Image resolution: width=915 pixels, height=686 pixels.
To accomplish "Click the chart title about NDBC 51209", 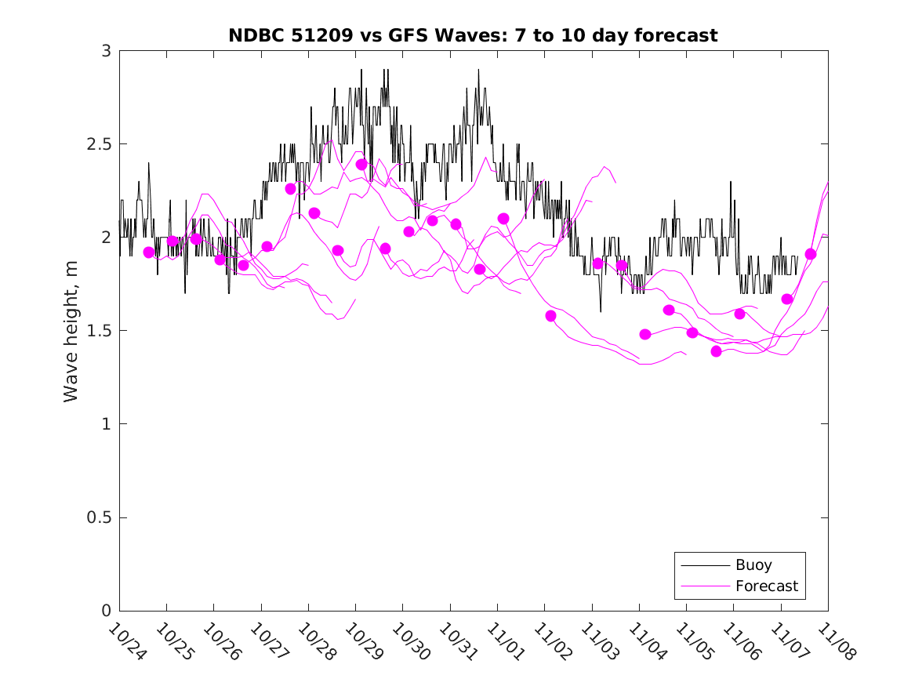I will coord(473,36).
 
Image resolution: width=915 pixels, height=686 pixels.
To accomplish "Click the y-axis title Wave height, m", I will coord(71,330).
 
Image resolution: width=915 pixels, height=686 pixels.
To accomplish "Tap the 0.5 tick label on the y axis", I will coord(100,517).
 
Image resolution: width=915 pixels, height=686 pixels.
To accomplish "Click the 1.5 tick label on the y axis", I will coord(100,331).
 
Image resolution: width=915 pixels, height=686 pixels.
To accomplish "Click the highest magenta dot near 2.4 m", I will coord(361,165).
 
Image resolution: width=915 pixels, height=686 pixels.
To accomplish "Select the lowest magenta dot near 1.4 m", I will coord(716,351).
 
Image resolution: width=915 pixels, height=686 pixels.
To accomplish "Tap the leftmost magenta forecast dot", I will coord(149,252).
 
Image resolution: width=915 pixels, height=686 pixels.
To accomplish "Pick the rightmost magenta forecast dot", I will coord(811,254).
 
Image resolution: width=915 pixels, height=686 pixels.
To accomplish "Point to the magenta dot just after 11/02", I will coord(550,316).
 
